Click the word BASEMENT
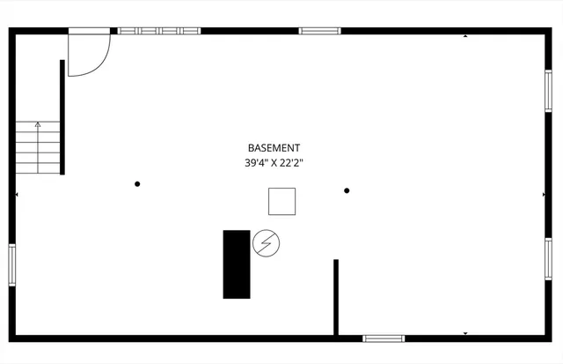pyautogui.click(x=274, y=148)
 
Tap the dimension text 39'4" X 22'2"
pyautogui.click(x=274, y=163)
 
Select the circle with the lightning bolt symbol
pyautogui.click(x=266, y=243)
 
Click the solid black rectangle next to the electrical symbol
pyautogui.click(x=237, y=264)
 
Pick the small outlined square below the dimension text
pyautogui.click(x=281, y=202)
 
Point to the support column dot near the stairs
pyautogui.click(x=137, y=184)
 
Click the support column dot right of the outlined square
pyautogui.click(x=347, y=190)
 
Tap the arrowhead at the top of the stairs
pyautogui.click(x=38, y=124)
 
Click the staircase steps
pyautogui.click(x=38, y=147)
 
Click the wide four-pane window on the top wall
pyautogui.click(x=159, y=31)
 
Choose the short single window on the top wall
pyautogui.click(x=319, y=31)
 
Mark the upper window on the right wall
pyautogui.click(x=548, y=91)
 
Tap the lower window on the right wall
pyautogui.click(x=548, y=259)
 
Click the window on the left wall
pyautogui.click(x=12, y=265)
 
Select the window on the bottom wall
pyautogui.click(x=384, y=338)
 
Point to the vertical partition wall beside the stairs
pyautogui.click(x=62, y=117)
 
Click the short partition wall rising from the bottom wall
pyautogui.click(x=336, y=298)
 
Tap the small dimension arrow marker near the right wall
pyautogui.click(x=544, y=195)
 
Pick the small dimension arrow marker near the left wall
pyautogui.click(x=17, y=195)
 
